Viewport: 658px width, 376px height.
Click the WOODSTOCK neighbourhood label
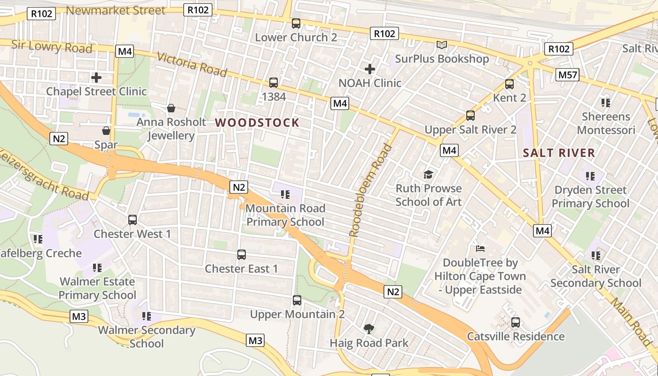click(257, 123)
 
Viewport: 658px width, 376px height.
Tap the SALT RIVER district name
click(559, 153)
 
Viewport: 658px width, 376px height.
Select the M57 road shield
click(568, 74)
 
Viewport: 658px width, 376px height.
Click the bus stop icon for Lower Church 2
click(296, 23)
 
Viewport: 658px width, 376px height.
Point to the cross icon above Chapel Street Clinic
click(96, 78)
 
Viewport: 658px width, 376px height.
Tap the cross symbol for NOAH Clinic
click(370, 69)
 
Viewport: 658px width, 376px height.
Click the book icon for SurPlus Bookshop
click(441, 45)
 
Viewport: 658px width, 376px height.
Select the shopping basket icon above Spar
click(106, 131)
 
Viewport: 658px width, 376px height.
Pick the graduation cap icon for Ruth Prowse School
click(428, 175)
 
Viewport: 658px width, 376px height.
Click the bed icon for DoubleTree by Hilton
click(480, 248)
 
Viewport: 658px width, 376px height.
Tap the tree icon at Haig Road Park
click(368, 329)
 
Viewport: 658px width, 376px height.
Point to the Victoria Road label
click(192, 64)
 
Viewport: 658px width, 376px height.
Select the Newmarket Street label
click(116, 10)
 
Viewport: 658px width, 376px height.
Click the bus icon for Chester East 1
click(242, 255)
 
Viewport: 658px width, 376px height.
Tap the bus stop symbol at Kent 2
click(509, 85)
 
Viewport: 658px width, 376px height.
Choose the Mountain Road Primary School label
click(285, 215)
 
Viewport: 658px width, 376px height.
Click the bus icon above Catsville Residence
click(516, 322)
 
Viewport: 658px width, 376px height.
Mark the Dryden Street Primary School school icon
click(590, 176)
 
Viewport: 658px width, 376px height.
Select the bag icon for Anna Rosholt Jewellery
click(171, 109)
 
